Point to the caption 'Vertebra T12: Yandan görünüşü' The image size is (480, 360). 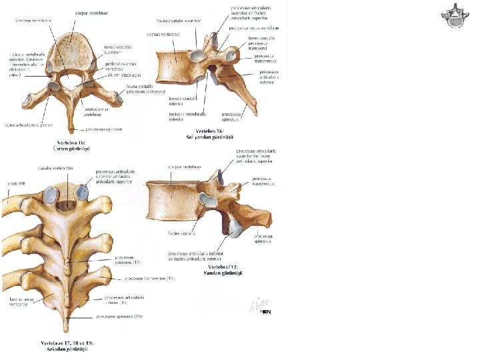click(222, 270)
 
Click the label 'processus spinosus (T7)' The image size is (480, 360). click(126, 259)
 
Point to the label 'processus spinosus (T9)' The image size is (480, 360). click(119, 317)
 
